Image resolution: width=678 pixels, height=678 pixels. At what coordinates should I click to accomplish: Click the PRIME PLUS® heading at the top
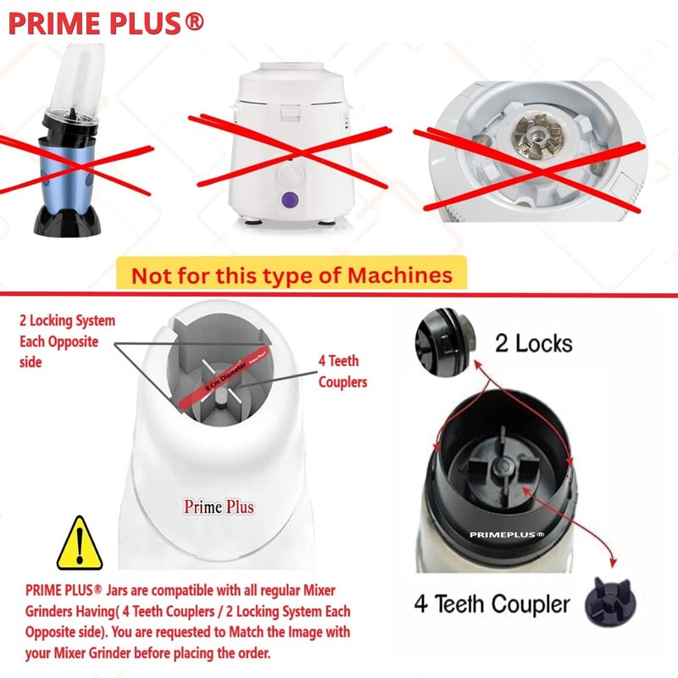point(106,23)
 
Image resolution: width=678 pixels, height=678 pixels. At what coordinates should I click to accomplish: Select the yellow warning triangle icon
point(80,544)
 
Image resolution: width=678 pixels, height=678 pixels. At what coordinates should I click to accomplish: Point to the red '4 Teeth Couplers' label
point(342,370)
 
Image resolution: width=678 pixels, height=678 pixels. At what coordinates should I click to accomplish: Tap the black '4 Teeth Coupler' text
point(492,603)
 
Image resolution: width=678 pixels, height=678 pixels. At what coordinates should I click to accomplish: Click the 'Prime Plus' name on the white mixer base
point(219,507)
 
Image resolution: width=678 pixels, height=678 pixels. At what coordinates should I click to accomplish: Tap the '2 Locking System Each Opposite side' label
point(67,341)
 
